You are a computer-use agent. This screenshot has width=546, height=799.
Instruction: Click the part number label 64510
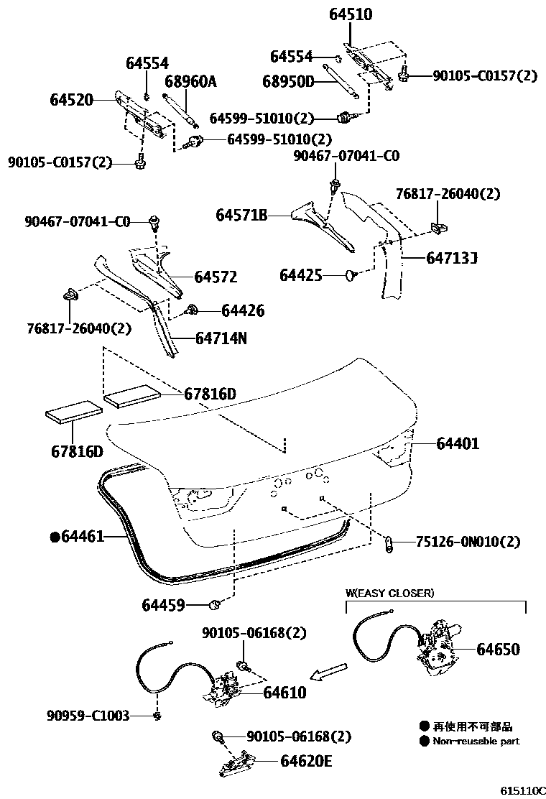click(351, 14)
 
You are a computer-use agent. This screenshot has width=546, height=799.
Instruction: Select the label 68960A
click(190, 82)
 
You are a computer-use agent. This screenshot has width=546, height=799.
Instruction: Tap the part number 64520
click(72, 100)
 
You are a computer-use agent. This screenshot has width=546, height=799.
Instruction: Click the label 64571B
click(241, 215)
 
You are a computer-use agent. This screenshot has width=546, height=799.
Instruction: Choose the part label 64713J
click(452, 257)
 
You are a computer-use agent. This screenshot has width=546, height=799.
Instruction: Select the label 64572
click(216, 277)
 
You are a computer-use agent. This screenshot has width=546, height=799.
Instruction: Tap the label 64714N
click(221, 337)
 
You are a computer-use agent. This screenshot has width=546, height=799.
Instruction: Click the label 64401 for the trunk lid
click(458, 444)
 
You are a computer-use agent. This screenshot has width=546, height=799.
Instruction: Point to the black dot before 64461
click(54, 536)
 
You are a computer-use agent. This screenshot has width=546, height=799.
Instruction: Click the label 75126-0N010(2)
click(468, 542)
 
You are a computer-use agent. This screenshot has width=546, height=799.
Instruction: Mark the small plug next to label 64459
click(214, 604)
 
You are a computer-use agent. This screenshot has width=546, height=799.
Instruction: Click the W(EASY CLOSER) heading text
click(389, 594)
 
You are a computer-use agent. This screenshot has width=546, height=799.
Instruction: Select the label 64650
click(498, 650)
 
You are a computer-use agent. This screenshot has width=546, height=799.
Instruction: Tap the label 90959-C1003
click(88, 716)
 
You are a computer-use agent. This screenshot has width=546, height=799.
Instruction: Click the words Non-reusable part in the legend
click(476, 741)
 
